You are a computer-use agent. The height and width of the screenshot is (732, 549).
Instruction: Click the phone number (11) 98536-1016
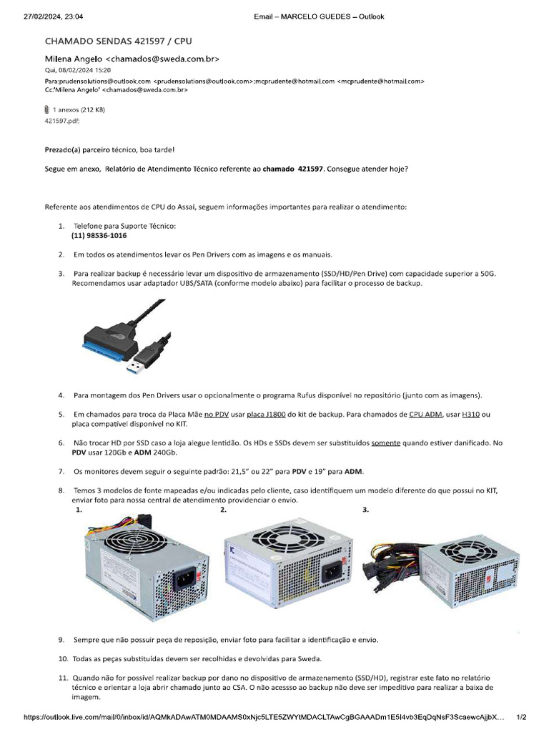(99, 235)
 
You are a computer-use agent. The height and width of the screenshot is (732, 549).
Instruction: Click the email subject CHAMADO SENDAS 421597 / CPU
(119, 42)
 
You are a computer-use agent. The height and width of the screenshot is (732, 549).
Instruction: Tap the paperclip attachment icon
(47, 110)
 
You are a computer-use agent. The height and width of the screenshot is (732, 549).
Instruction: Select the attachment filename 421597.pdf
(62, 121)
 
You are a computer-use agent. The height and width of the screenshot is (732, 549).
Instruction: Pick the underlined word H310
(471, 415)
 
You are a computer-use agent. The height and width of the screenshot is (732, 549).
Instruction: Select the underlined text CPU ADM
(425, 415)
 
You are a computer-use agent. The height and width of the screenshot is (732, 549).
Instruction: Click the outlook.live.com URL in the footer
(264, 716)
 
